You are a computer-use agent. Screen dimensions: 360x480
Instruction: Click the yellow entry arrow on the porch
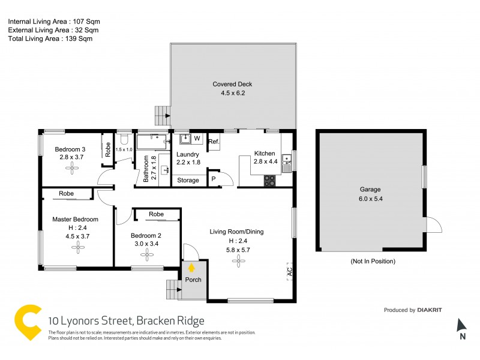(x=191, y=268)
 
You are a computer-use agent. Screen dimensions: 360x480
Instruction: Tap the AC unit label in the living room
(x=289, y=272)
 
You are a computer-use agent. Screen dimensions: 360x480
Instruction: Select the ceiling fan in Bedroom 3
(x=73, y=169)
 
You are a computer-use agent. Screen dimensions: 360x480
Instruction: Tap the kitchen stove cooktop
(x=269, y=179)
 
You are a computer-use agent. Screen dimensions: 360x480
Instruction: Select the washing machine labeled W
(x=196, y=139)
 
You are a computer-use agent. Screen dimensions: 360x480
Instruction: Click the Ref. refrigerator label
(x=214, y=142)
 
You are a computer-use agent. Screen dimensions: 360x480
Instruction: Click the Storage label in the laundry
(x=188, y=180)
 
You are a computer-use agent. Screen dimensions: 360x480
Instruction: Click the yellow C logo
(x=27, y=322)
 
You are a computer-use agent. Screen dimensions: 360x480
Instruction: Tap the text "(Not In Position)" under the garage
(x=373, y=262)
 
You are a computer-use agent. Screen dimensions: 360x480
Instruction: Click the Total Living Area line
(x=50, y=38)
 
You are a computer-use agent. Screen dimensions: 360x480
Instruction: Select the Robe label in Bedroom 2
(x=156, y=214)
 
